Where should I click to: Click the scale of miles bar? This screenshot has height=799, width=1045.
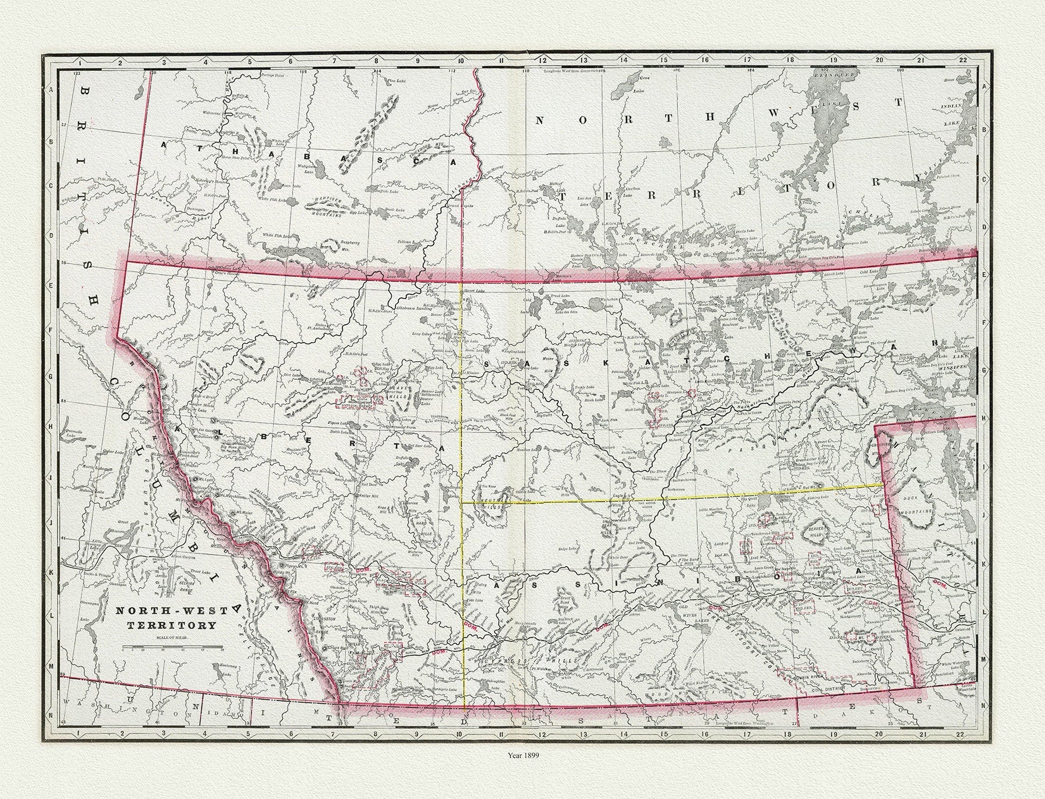(172, 645)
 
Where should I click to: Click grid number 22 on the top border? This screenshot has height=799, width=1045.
(961, 60)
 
